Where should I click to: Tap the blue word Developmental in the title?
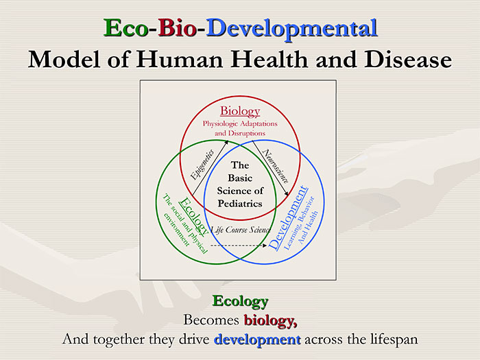click(292, 28)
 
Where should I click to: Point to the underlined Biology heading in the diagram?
click(240, 111)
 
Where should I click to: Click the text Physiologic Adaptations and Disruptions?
click(239, 128)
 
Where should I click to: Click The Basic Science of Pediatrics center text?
click(239, 184)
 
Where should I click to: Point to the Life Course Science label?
click(240, 228)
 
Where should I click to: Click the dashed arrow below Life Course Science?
click(240, 245)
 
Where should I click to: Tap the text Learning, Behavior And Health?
click(303, 223)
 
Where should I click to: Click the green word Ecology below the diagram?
click(239, 301)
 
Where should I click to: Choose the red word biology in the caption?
click(269, 320)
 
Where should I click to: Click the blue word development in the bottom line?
click(257, 339)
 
